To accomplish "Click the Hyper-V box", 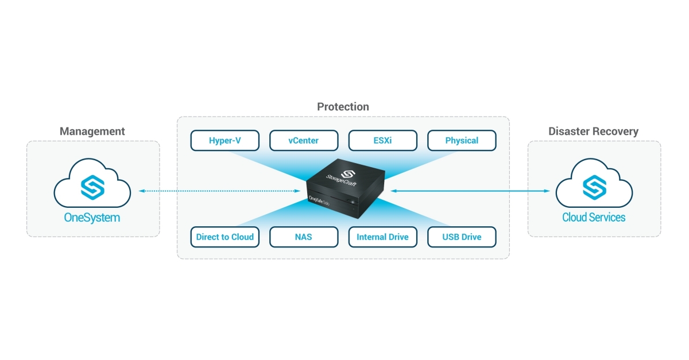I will coord(224,140).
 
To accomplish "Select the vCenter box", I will coord(303,140).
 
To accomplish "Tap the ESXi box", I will coord(382,140).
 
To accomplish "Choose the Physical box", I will coord(462,140).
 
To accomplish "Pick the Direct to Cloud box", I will coord(224,237).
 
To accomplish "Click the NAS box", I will coord(303,237).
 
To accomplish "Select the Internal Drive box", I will coord(382,237).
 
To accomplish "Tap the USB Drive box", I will coord(462,237).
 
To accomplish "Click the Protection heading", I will coord(343,107).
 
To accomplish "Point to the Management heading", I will coord(92,131).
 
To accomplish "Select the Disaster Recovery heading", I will coord(593,131).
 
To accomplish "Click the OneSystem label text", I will coord(92,218).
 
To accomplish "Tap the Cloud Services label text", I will coord(593,218).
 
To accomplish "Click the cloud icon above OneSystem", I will coord(92,185).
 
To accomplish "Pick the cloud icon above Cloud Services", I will coord(593,185).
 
